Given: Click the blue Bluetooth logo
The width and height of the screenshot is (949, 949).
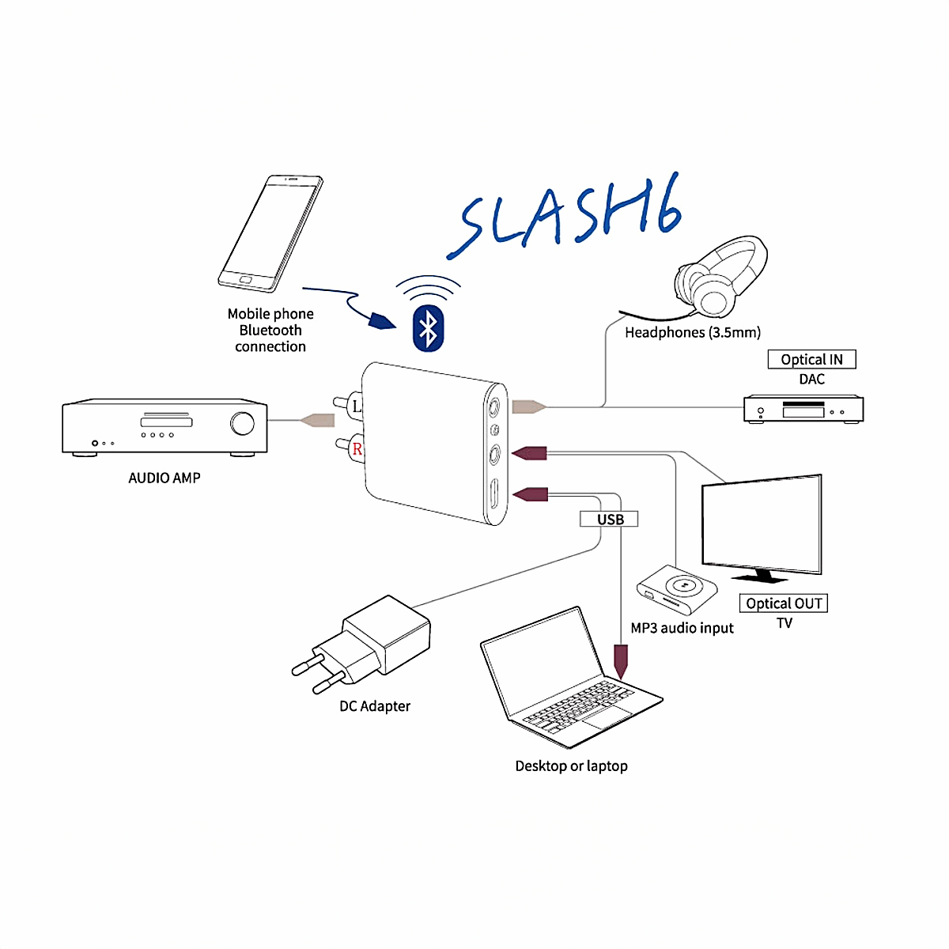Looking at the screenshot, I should coord(428,328).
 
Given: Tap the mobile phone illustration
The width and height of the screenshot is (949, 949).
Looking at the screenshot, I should coord(270,233).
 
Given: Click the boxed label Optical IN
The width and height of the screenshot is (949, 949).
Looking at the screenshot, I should coord(811,360).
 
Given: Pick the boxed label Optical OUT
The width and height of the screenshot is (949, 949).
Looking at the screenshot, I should coord(784,603).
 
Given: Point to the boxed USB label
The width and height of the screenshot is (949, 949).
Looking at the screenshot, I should coord(610,520).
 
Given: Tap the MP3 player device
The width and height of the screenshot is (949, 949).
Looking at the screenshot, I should coord(678,589).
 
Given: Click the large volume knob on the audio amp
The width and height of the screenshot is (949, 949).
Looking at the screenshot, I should coord(243,424).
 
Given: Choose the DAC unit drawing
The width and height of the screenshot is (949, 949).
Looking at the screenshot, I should coord(803,410).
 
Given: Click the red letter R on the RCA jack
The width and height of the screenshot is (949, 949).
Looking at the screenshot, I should coord(357,449).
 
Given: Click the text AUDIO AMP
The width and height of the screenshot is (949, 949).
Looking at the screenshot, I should coord(164,478).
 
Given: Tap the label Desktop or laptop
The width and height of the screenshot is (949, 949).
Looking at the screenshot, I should coord(571,766).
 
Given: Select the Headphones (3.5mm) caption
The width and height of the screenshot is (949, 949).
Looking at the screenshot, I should coord(693,333).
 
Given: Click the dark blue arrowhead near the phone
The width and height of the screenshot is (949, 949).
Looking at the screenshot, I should coord(382,320).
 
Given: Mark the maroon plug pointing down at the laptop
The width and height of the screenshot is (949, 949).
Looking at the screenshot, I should coord(621,660).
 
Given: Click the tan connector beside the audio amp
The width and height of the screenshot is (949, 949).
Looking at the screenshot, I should coord(318,420).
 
